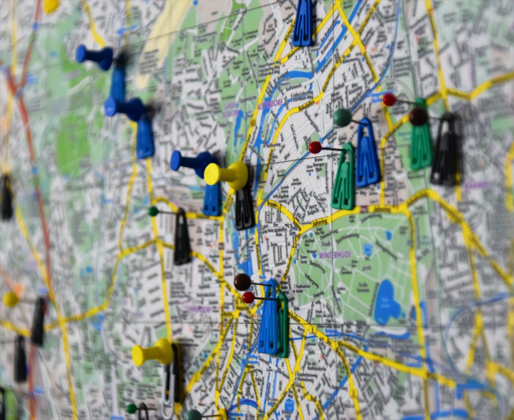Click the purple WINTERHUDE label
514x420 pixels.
click(x=335, y=255)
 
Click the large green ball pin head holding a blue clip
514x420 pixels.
click(x=343, y=117)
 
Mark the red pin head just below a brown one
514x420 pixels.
click(x=248, y=297)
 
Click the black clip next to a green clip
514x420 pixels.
click(x=445, y=150)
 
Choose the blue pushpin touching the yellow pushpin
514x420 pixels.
click(x=191, y=162)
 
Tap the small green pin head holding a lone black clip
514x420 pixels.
click(x=153, y=211)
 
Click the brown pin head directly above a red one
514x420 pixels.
click(x=242, y=282)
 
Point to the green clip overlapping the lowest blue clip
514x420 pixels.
click(x=282, y=325)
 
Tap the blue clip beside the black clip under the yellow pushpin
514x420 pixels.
click(x=212, y=199)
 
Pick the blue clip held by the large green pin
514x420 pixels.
click(x=368, y=154)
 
